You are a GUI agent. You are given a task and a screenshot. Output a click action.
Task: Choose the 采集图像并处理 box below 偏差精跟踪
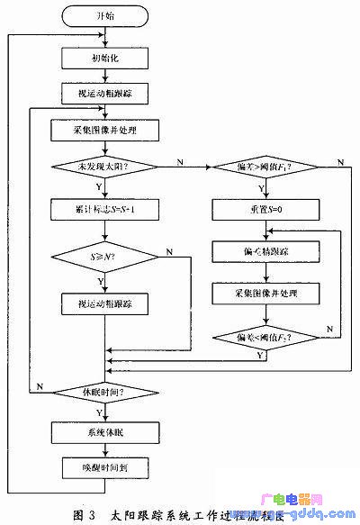[262, 294]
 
